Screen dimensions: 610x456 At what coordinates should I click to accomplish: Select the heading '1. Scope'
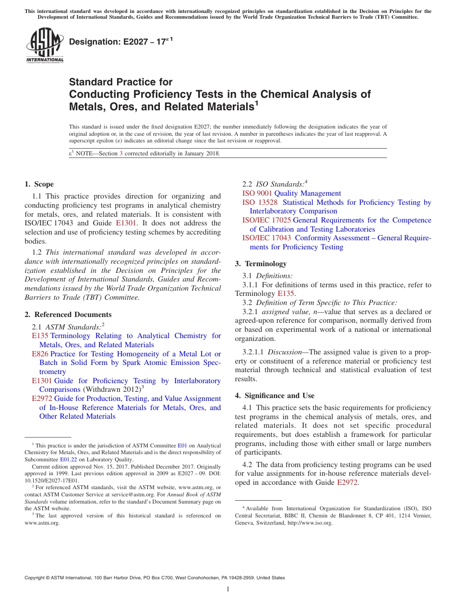pyautogui.click(x=39, y=184)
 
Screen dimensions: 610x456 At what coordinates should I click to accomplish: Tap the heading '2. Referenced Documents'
pyautogui.click(x=68, y=315)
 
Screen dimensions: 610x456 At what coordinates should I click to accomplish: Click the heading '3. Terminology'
pyautogui.click(x=261, y=264)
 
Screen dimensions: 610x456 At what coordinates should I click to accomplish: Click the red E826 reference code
pyautogui.click(x=40, y=354)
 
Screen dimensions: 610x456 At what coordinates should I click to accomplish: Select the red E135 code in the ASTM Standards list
pyautogui.click(x=40, y=336)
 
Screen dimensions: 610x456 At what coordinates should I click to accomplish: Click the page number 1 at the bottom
pyautogui.click(x=228, y=589)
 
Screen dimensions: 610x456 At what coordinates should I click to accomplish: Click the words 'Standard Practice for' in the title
pyautogui.click(x=120, y=82)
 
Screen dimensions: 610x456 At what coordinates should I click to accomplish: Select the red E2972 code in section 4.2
pyautogui.click(x=348, y=482)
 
